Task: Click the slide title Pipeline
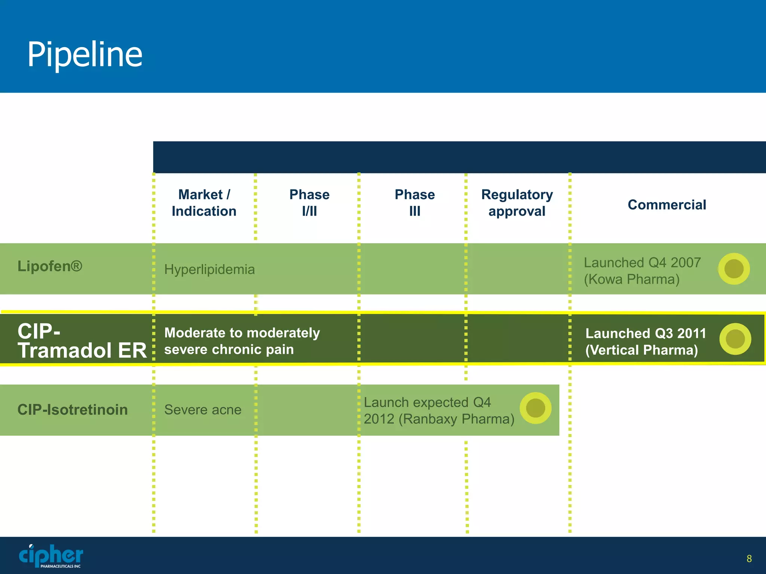pos(85,55)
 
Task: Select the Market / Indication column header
pos(204,203)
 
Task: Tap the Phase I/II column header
pos(309,203)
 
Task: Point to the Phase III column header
pos(415,203)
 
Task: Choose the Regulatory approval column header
pos(517,203)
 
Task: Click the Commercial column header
pos(667,205)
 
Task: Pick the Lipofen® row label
pos(50,266)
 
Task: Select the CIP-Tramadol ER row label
pos(82,341)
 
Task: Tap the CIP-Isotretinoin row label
pos(73,410)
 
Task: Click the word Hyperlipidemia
pos(209,269)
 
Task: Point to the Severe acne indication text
pos(203,410)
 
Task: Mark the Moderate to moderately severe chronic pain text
pos(242,341)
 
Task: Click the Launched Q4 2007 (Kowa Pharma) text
pos(642,271)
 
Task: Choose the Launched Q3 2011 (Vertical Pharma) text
pos(646,342)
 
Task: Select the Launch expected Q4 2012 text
pos(439,411)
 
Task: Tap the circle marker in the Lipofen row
pos(734,269)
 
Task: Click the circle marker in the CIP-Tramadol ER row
pos(735,339)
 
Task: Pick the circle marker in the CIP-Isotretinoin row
pos(536,408)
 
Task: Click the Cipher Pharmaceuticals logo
pos(51,556)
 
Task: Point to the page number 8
pos(749,559)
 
